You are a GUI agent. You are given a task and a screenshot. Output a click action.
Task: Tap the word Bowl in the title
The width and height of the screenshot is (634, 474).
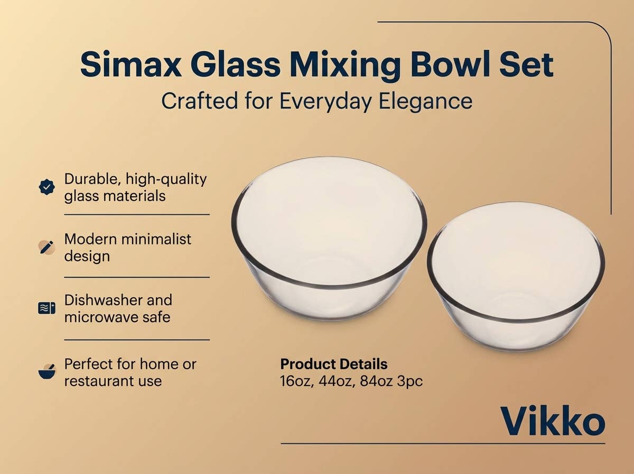point(456,65)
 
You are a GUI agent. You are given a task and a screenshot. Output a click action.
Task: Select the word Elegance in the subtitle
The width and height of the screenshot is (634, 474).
point(425,101)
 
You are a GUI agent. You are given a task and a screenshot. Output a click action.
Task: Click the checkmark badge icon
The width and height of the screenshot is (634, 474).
point(47,187)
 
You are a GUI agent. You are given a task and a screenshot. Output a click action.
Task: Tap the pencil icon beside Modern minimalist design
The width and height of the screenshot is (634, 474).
point(47,247)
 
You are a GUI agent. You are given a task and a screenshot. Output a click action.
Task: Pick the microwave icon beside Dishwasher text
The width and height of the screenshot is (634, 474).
point(47,308)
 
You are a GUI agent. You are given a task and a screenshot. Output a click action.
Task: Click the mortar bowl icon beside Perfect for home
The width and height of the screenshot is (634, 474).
point(47,372)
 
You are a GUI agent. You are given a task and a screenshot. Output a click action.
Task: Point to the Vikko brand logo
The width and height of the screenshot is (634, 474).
point(552,422)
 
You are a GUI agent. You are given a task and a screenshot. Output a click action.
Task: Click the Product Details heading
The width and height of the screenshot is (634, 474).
point(333,364)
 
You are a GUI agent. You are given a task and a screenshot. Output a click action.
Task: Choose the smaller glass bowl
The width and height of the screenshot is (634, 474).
point(516,275)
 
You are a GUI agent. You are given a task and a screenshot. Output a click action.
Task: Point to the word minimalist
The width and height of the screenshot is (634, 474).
point(156,239)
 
